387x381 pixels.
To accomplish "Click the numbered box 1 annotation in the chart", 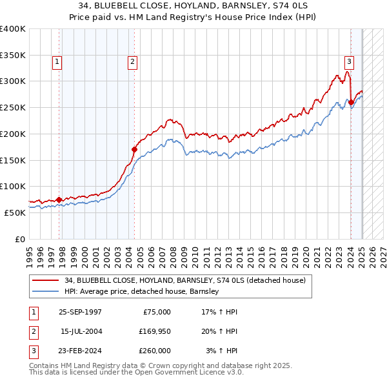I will [57, 62].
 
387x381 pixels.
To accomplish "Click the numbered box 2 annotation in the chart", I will [132, 62].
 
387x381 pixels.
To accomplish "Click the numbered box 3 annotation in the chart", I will [349, 62].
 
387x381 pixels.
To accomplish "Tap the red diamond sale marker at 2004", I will [134, 149].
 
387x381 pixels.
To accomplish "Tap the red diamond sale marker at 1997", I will [59, 200].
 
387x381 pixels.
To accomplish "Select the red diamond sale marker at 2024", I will [351, 102].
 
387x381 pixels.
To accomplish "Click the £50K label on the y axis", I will [15, 212].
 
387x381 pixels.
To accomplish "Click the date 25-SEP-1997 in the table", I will [80, 312].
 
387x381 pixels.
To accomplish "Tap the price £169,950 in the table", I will [154, 331].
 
